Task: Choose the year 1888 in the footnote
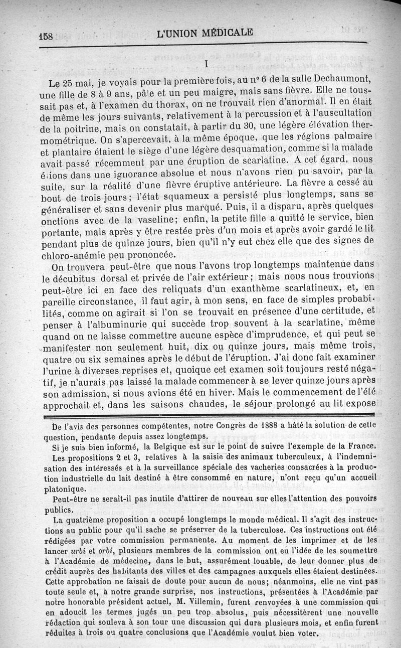254,427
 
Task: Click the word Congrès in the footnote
219,427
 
